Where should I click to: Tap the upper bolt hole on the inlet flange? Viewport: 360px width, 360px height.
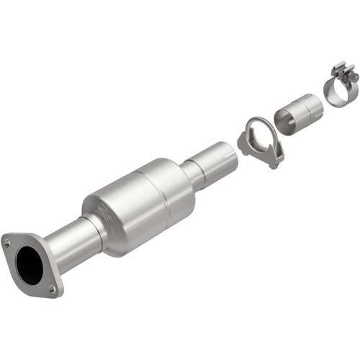8,243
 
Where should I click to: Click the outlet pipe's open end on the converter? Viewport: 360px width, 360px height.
228,155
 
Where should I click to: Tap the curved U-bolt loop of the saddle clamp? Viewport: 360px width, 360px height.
254,128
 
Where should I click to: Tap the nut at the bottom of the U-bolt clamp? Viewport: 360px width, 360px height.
274,163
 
